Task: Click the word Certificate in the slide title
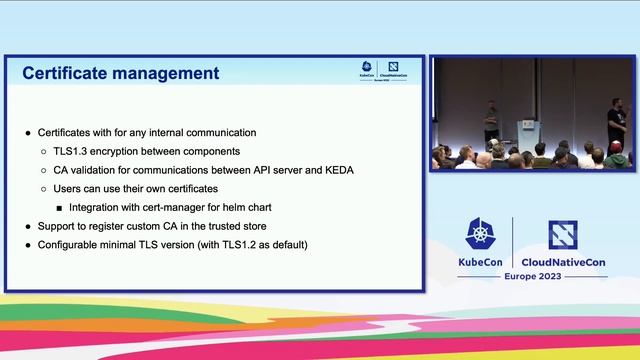click(x=66, y=73)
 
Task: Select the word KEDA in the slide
click(x=336, y=170)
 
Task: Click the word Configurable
click(x=72, y=245)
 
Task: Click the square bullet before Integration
click(x=59, y=208)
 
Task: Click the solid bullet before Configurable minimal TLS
click(x=28, y=245)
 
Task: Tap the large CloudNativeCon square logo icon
click(x=562, y=235)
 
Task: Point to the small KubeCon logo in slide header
click(x=367, y=69)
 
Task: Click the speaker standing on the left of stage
click(x=491, y=122)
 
